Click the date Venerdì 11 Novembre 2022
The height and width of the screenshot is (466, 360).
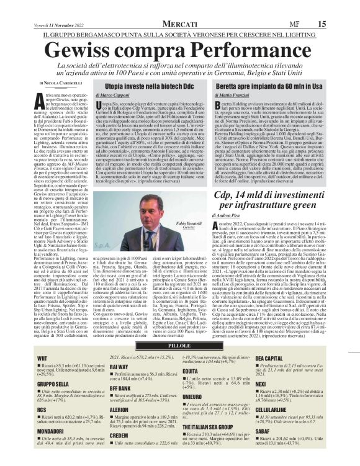[x=38, y=6]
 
